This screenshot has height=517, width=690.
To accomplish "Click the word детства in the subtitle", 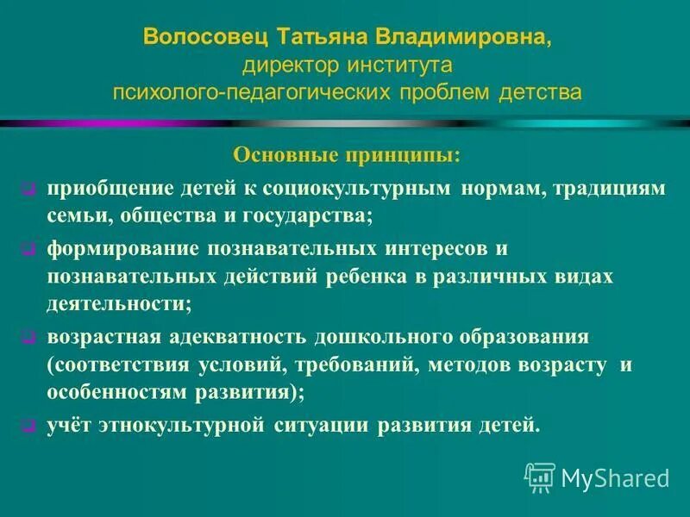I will [x=541, y=91].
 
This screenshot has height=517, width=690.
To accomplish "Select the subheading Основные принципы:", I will [x=347, y=157].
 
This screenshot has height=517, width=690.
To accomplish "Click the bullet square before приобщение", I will [x=28, y=190].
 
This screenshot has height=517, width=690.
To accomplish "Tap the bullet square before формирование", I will [x=28, y=250].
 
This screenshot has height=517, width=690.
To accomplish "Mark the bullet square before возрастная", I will [x=28, y=336].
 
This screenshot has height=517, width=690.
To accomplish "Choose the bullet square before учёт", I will [x=28, y=426].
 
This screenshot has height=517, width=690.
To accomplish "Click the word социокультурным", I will [x=366, y=189].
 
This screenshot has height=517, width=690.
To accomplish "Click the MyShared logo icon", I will [x=540, y=477].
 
